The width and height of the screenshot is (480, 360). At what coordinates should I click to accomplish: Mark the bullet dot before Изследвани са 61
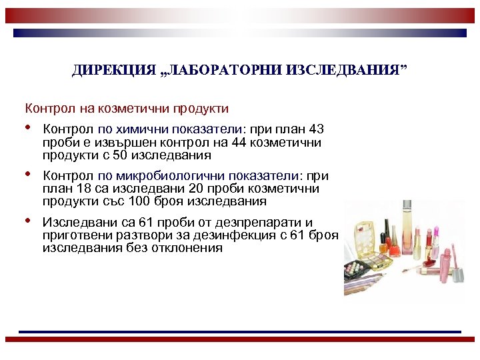(x=29, y=221)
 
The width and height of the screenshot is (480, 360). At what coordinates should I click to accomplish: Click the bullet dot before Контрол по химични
(x=29, y=127)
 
